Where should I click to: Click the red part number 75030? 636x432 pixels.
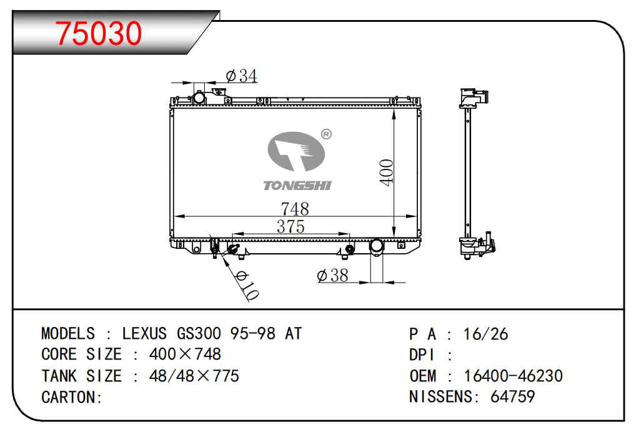[99, 33]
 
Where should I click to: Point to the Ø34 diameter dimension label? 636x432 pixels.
[242, 76]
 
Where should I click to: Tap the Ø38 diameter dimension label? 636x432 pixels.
[332, 276]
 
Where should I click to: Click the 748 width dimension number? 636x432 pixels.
[295, 209]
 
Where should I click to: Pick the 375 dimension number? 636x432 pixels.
[291, 226]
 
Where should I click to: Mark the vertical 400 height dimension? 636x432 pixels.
[387, 173]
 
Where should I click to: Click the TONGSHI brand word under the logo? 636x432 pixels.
[297, 186]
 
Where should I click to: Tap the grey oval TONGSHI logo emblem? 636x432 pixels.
[296, 151]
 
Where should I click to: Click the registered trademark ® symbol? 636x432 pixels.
[326, 134]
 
